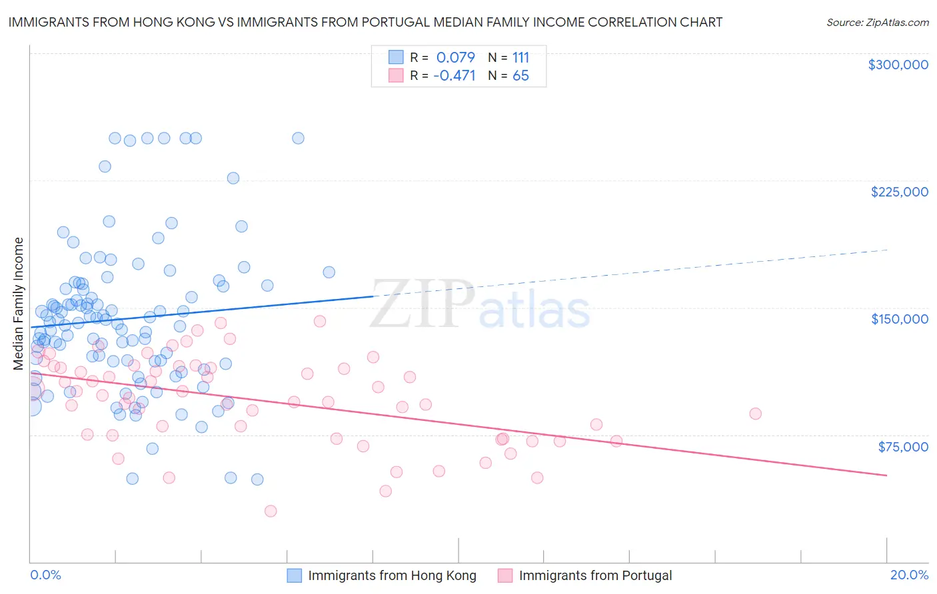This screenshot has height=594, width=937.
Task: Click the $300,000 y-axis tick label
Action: pos(898,65)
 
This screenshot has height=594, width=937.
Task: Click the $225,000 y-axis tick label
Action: pos(899,192)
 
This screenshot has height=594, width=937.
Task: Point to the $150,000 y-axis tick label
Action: pos(899,319)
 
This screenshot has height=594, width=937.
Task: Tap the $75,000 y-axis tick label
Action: pos(902,447)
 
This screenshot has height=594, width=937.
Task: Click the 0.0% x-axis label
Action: pos(45,575)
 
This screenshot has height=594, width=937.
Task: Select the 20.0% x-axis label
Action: pos(909,575)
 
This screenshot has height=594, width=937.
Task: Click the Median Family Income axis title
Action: pos(19,304)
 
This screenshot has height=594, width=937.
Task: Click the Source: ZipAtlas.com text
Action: pos(877,23)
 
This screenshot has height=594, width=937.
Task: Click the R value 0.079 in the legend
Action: pos(456,57)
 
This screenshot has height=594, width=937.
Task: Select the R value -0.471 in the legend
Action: pos(455,76)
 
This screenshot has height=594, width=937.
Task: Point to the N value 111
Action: pos(520,57)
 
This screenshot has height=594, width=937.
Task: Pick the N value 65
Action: pos(520,76)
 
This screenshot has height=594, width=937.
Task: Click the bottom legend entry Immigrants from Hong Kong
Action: pos(392,575)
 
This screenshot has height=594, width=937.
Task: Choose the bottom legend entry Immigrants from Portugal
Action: pos(595,575)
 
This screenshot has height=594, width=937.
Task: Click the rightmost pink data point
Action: pos(755,414)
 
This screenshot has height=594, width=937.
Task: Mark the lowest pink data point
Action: pos(271,511)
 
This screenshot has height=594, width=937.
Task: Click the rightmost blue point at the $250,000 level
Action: pos(298,138)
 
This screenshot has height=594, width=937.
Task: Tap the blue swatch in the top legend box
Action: pos(396,57)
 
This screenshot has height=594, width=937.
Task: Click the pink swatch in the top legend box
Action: pos(396,75)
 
